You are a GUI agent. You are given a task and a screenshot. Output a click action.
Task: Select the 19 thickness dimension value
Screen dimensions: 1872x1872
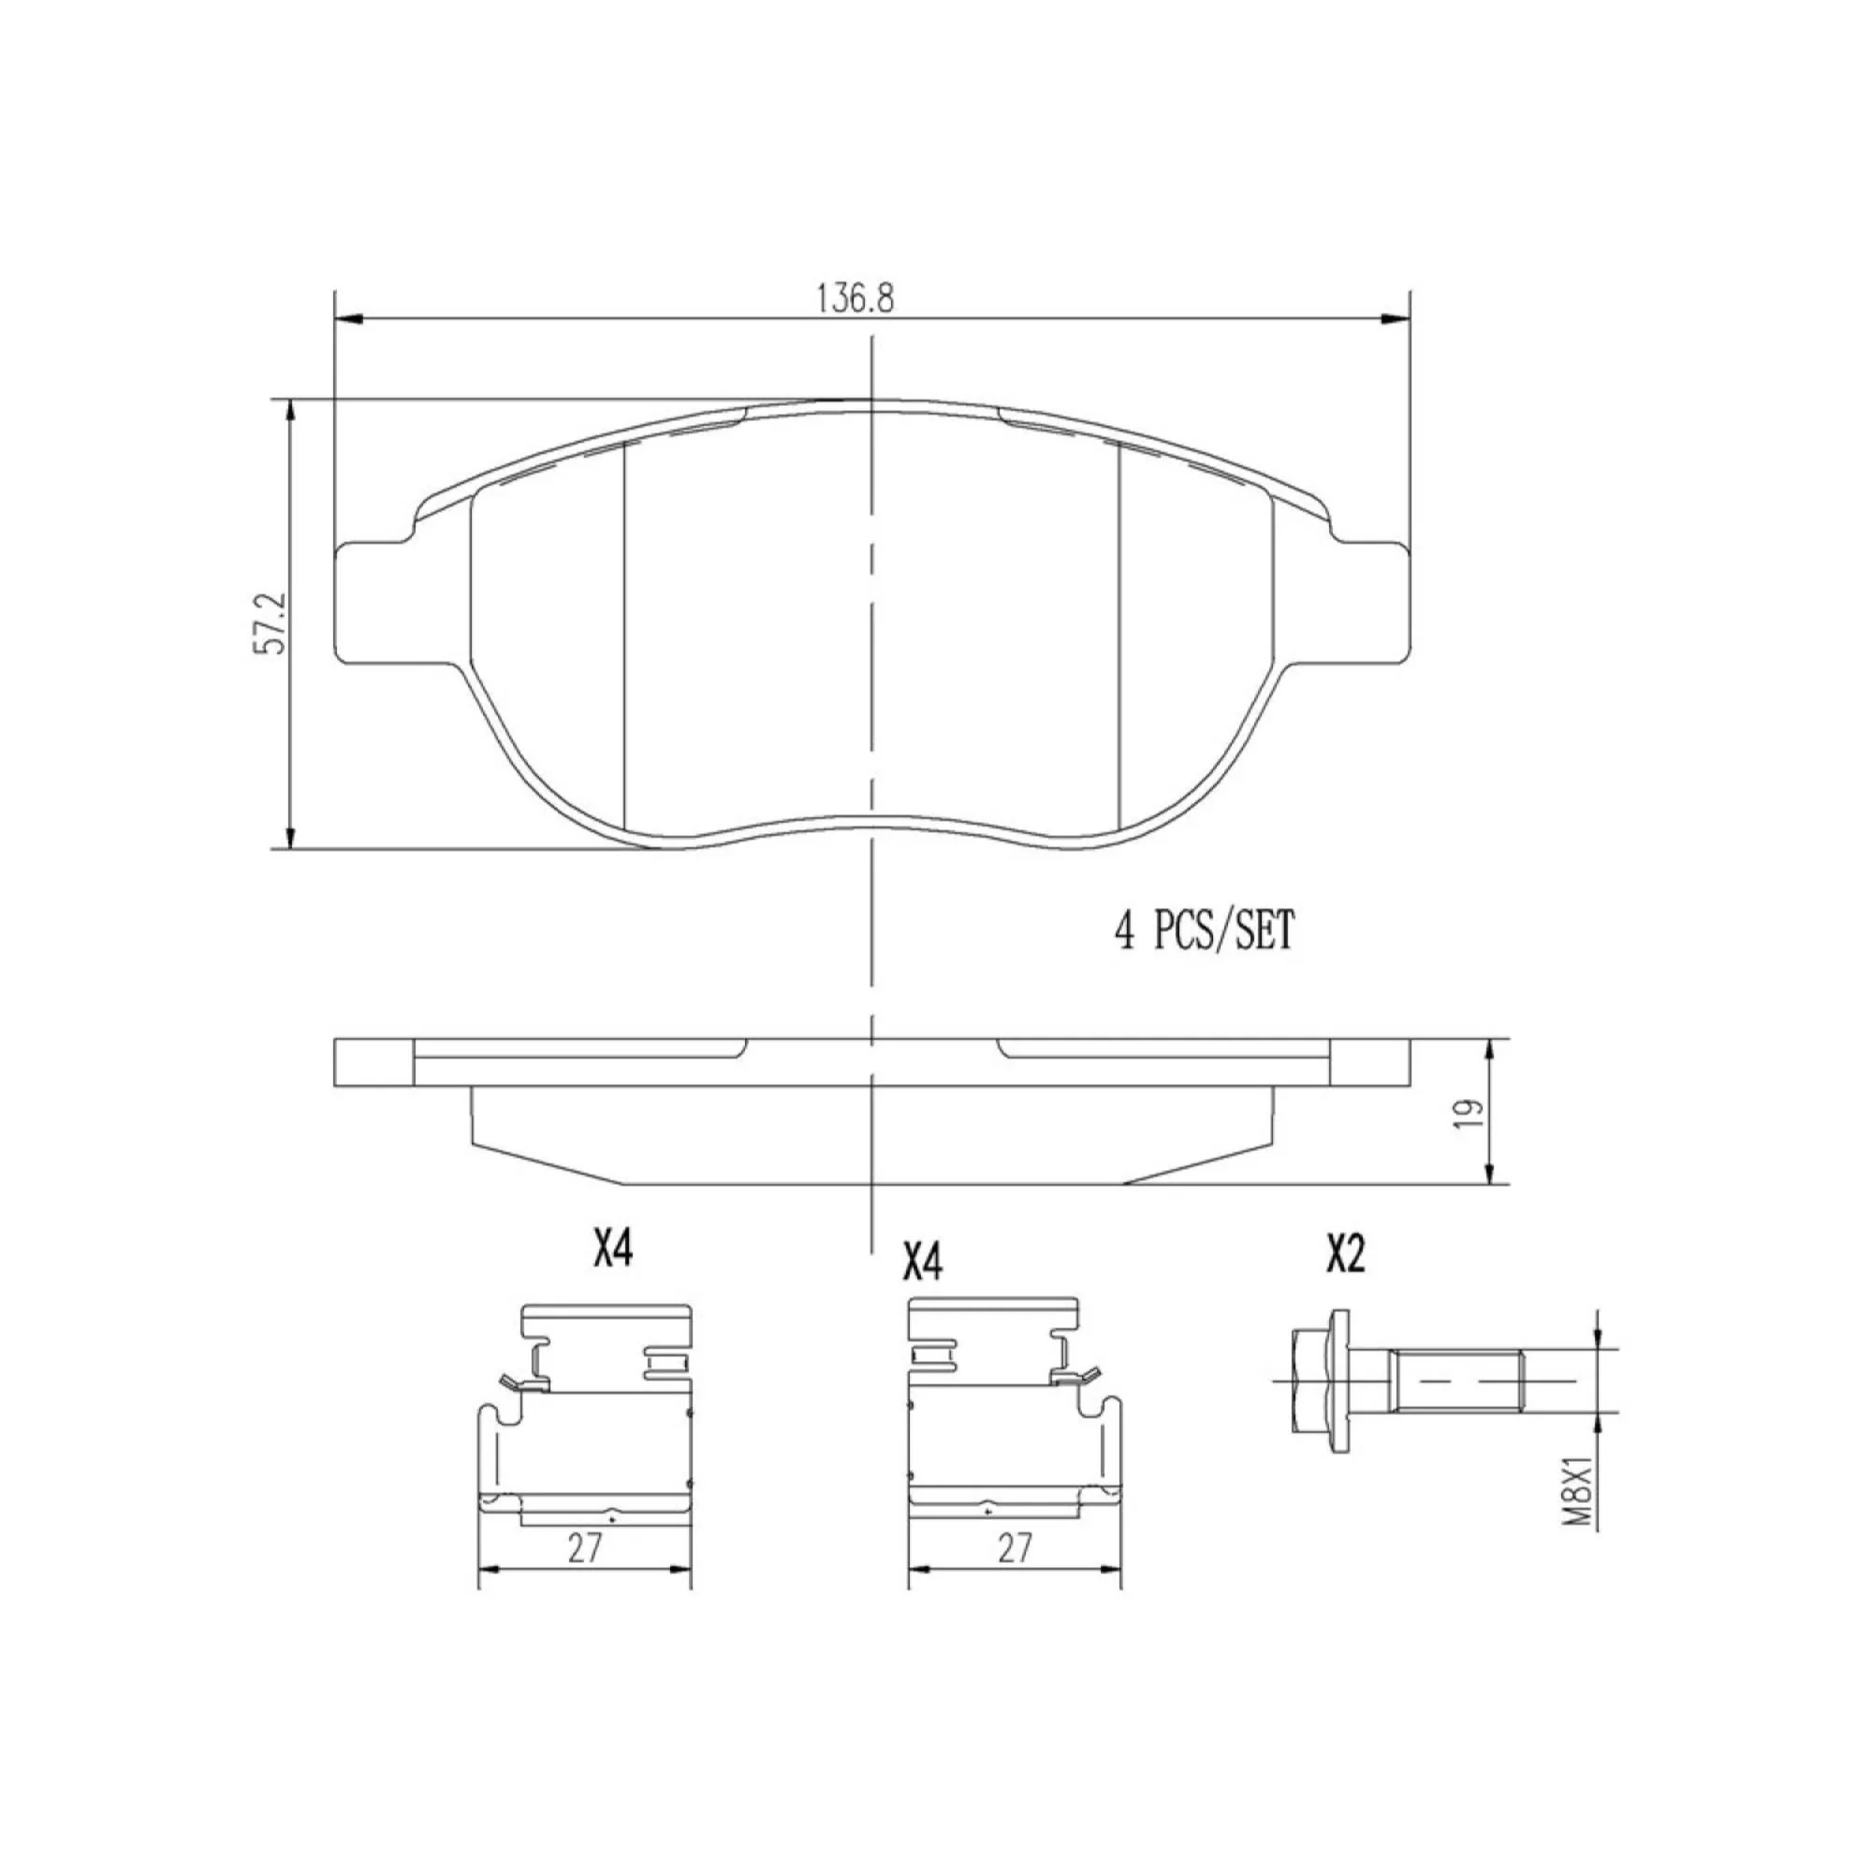click(1469, 1110)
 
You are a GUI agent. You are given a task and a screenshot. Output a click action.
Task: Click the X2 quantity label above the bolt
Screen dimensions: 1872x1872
click(1346, 1256)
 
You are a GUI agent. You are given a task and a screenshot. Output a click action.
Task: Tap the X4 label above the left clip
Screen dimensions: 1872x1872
click(612, 1249)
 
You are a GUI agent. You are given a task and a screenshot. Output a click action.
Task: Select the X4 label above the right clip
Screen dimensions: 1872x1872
click(923, 1263)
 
